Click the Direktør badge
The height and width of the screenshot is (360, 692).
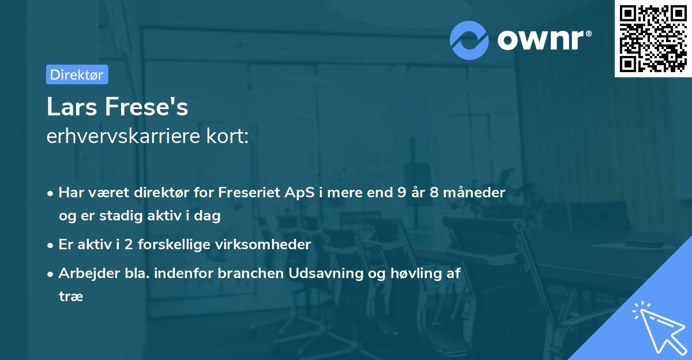coord(77,74)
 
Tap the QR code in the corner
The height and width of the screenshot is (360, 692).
coord(653,39)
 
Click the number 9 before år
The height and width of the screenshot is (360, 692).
coord(401,192)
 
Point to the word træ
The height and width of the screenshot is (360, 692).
coord(71,297)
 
